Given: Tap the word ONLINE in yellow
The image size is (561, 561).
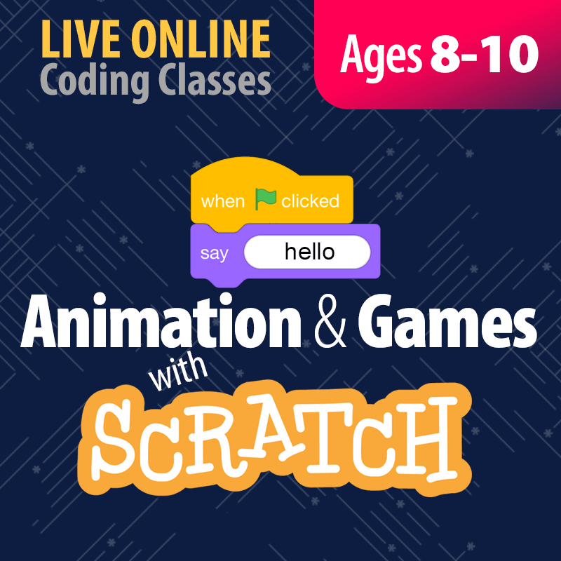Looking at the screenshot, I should pyautogui.click(x=192, y=40).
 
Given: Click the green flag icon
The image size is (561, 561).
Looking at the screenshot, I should pyautogui.click(x=265, y=199).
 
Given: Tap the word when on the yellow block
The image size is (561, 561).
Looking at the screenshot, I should pyautogui.click(x=223, y=202).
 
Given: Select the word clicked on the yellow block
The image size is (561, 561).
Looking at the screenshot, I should pyautogui.click(x=310, y=202).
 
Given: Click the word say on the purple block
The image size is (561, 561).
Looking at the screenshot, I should pyautogui.click(x=214, y=253).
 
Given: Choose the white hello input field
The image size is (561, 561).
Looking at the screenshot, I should pyautogui.click(x=307, y=252).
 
